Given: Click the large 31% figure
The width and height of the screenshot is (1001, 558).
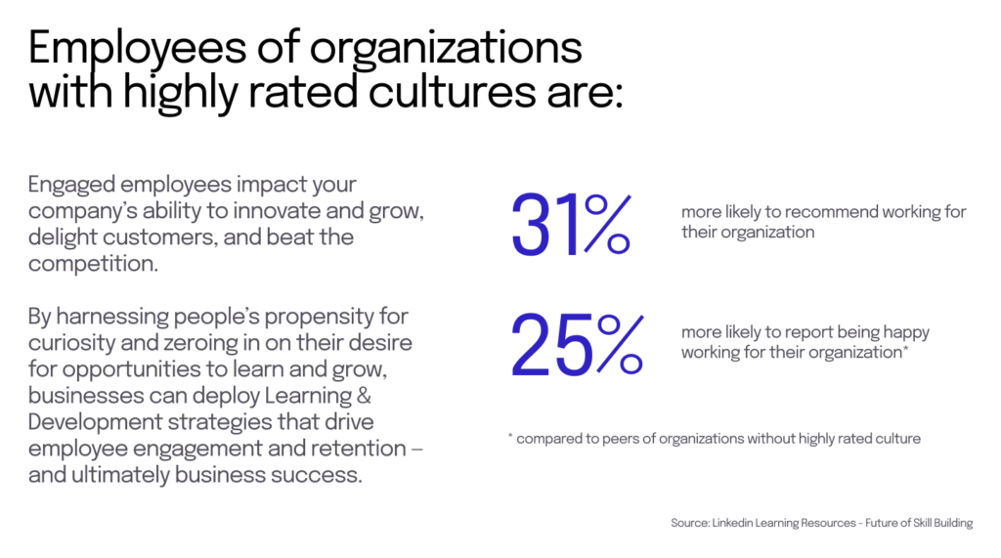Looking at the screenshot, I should pyautogui.click(x=570, y=228).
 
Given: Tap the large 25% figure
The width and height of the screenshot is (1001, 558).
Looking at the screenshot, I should pyautogui.click(x=576, y=347).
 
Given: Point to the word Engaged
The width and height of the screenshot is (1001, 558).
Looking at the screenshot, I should pyautogui.click(x=70, y=186).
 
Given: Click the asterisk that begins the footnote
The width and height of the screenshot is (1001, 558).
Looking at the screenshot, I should pyautogui.click(x=510, y=438).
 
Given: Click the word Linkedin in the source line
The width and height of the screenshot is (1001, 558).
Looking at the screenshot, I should pyautogui.click(x=742, y=523).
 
